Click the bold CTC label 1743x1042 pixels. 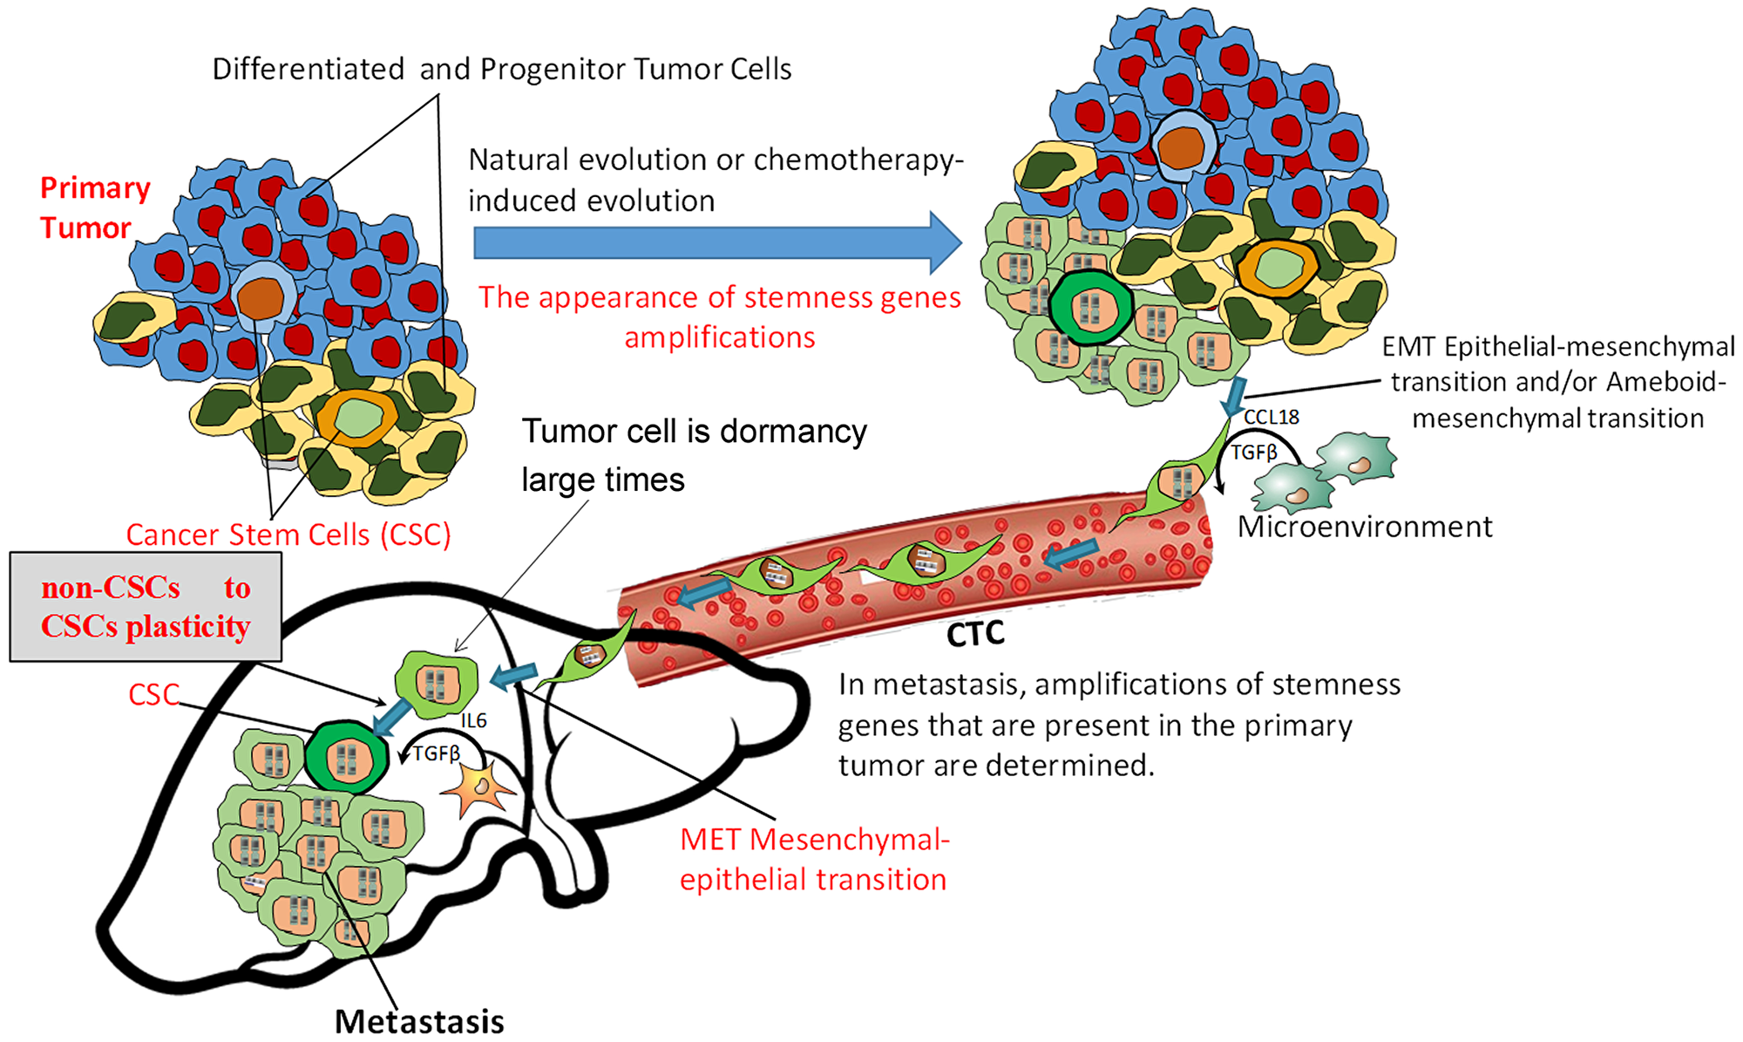(x=975, y=634)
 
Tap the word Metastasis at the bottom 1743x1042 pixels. (x=419, y=1021)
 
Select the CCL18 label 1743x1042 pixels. (x=1271, y=418)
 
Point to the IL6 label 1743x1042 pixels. (x=473, y=720)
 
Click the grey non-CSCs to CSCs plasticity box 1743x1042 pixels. (x=146, y=607)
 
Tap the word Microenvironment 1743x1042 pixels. (x=1364, y=527)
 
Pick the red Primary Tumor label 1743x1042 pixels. (x=94, y=208)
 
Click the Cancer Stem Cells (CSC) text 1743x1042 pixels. (x=288, y=535)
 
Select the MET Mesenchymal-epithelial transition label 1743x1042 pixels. (x=813, y=859)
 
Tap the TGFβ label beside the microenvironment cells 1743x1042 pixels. (x=1253, y=453)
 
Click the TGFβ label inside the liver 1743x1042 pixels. (x=436, y=753)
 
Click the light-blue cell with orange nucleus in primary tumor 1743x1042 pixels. (x=261, y=297)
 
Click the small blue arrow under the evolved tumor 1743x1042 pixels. (x=1234, y=397)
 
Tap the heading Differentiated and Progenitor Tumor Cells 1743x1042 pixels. (x=502, y=69)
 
